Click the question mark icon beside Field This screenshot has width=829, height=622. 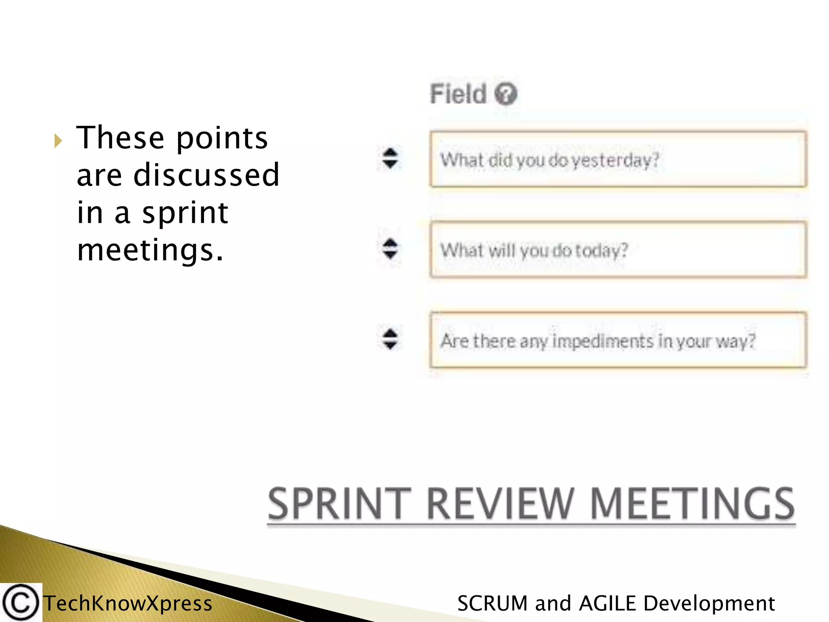click(506, 94)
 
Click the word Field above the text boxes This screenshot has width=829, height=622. click(458, 94)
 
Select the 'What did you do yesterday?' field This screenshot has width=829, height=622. click(618, 159)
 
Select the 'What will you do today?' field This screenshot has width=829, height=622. click(618, 249)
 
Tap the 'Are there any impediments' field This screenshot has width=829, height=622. click(618, 340)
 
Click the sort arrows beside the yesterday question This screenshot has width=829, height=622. click(390, 158)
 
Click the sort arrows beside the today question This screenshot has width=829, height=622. click(390, 249)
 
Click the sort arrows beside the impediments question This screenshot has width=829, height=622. click(390, 339)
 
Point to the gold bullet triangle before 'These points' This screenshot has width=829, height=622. click(58, 141)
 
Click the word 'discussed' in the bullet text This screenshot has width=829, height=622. click(206, 175)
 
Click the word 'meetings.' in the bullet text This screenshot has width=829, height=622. click(150, 250)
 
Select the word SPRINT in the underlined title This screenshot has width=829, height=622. click(339, 504)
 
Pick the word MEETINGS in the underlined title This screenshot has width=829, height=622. click(693, 504)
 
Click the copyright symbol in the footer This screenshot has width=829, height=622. click(20, 603)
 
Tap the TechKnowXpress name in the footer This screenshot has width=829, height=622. click(128, 603)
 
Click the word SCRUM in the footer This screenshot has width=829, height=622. click(492, 603)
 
